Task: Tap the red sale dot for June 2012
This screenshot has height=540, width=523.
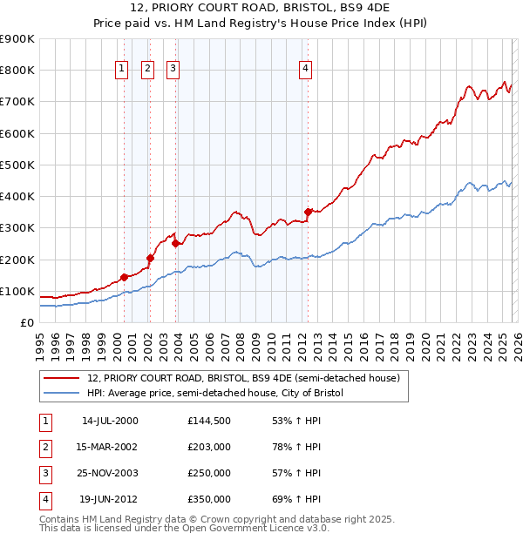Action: coord(308,212)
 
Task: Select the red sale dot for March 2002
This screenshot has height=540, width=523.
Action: coord(150,258)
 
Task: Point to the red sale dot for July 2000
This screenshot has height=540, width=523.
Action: coord(124,277)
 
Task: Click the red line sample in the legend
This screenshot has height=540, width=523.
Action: coord(61,379)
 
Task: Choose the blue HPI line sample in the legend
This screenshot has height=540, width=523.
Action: coord(61,394)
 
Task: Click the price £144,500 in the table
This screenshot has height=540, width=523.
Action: coord(208,421)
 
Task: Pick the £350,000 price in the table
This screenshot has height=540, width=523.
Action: coord(208,499)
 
